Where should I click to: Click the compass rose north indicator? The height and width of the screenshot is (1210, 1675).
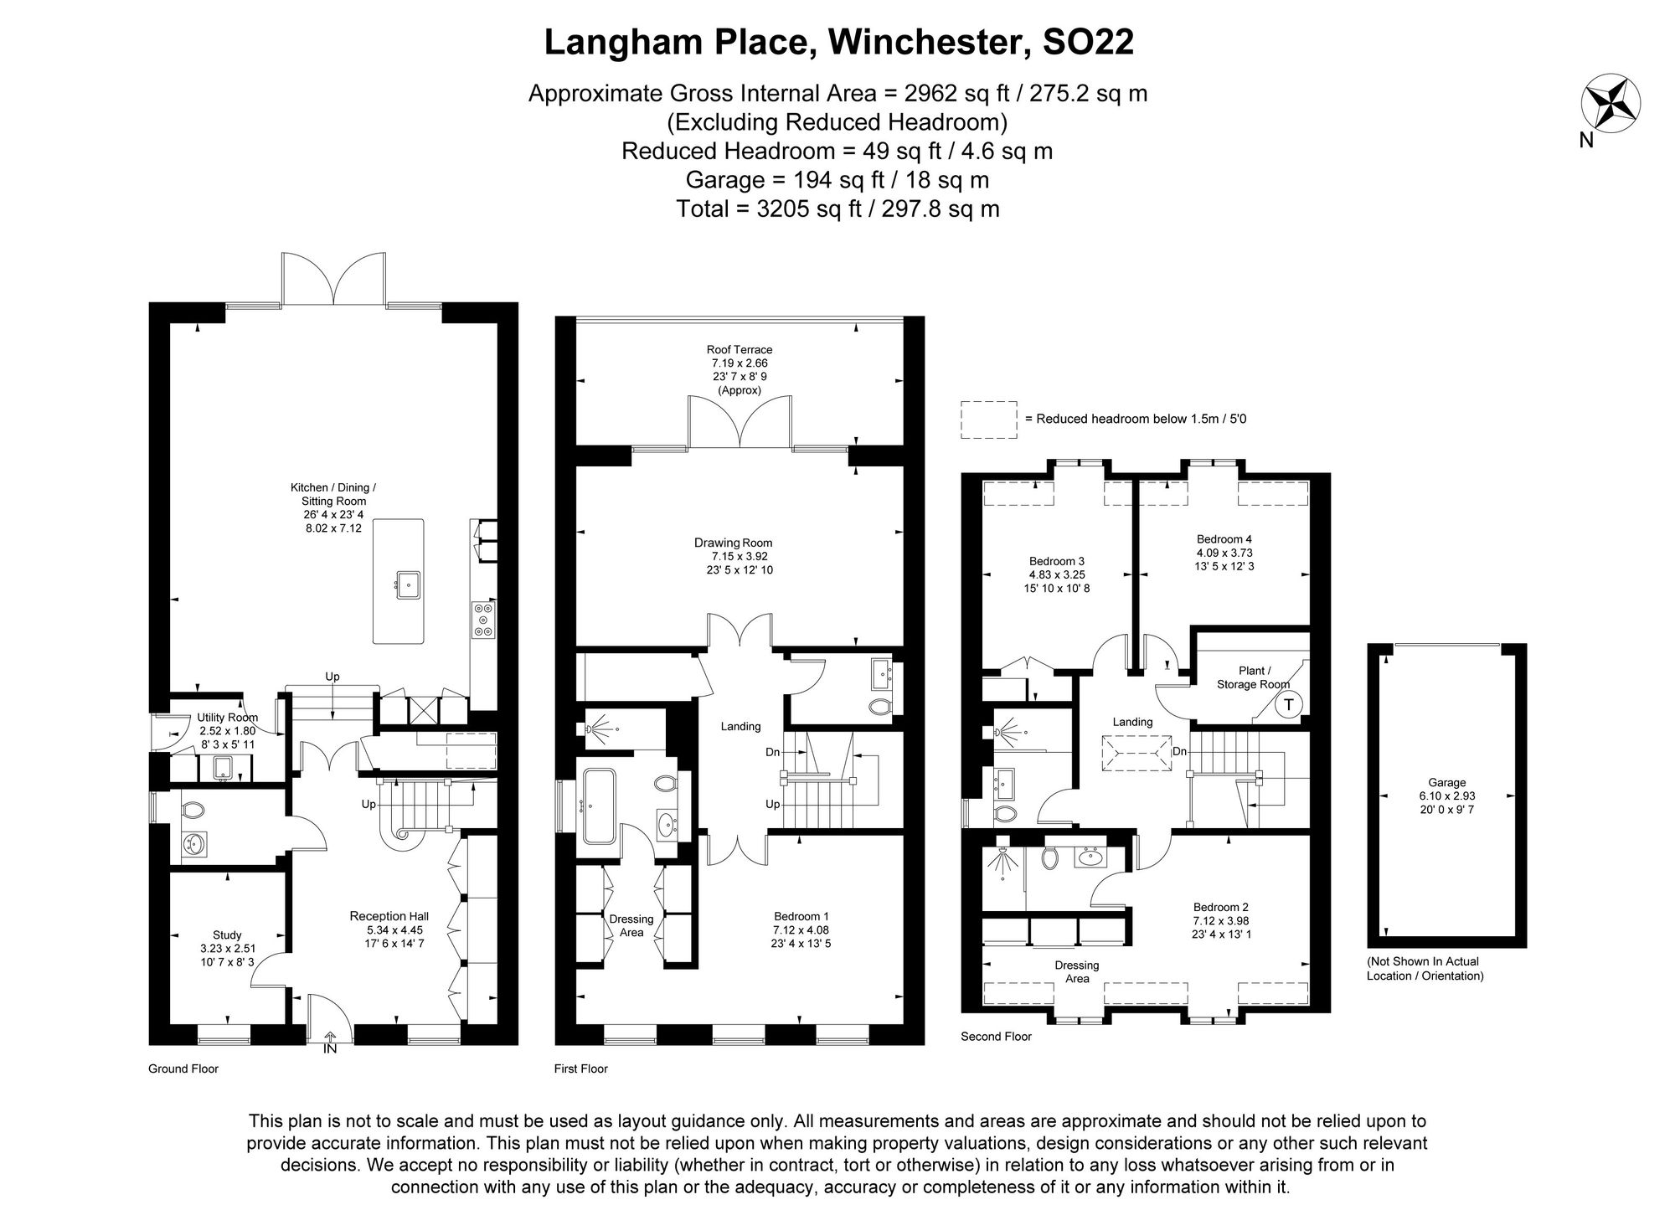(1610, 104)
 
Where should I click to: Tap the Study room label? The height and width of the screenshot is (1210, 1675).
(227, 935)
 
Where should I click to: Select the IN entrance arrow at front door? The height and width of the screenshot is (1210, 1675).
(330, 1043)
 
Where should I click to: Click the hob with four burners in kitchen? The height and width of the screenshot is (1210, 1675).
(483, 620)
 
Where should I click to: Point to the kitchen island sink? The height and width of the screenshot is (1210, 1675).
(408, 584)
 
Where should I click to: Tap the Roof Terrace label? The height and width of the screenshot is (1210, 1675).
(739, 350)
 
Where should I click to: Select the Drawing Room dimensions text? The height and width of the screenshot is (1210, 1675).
(740, 563)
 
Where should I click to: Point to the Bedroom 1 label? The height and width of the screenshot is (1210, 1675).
(801, 917)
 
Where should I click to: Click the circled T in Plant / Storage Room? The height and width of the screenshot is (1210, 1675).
(1288, 704)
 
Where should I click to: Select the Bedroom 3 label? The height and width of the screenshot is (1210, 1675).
(1056, 561)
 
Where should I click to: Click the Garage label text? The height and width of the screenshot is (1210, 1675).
(1446, 783)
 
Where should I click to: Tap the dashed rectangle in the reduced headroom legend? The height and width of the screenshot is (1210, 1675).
(989, 420)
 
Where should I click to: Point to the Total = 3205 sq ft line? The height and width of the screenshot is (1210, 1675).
(837, 209)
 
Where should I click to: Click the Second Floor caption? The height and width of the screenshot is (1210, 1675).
(996, 1037)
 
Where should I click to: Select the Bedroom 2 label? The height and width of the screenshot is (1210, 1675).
(1220, 907)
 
